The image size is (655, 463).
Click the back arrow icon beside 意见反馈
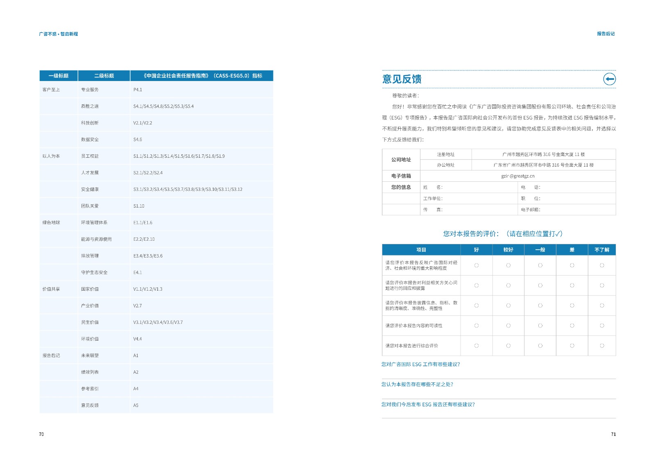(x=609, y=79)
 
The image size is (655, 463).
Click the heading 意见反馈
(x=402, y=79)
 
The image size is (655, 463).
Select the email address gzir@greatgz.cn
(x=517, y=176)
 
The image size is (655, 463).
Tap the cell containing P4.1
(x=138, y=90)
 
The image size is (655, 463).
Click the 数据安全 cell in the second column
(x=90, y=140)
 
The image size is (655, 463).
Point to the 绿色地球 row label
(x=51, y=223)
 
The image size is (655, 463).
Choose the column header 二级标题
(x=104, y=76)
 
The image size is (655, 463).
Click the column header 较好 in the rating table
(x=508, y=250)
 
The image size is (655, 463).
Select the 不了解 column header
(x=602, y=250)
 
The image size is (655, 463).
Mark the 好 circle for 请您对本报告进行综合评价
(x=477, y=346)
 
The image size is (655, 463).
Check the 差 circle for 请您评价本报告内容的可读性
(x=572, y=326)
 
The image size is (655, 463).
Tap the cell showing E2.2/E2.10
(x=144, y=239)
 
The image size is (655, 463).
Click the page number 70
(x=41, y=434)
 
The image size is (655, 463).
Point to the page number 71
(x=613, y=434)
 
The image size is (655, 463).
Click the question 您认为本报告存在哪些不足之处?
(x=417, y=384)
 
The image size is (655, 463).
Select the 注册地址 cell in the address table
(x=445, y=154)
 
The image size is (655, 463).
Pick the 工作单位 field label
(x=433, y=199)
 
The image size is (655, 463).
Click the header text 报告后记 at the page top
(x=605, y=34)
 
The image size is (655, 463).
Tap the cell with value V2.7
(x=138, y=306)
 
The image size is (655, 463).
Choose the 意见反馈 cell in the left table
(x=90, y=406)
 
